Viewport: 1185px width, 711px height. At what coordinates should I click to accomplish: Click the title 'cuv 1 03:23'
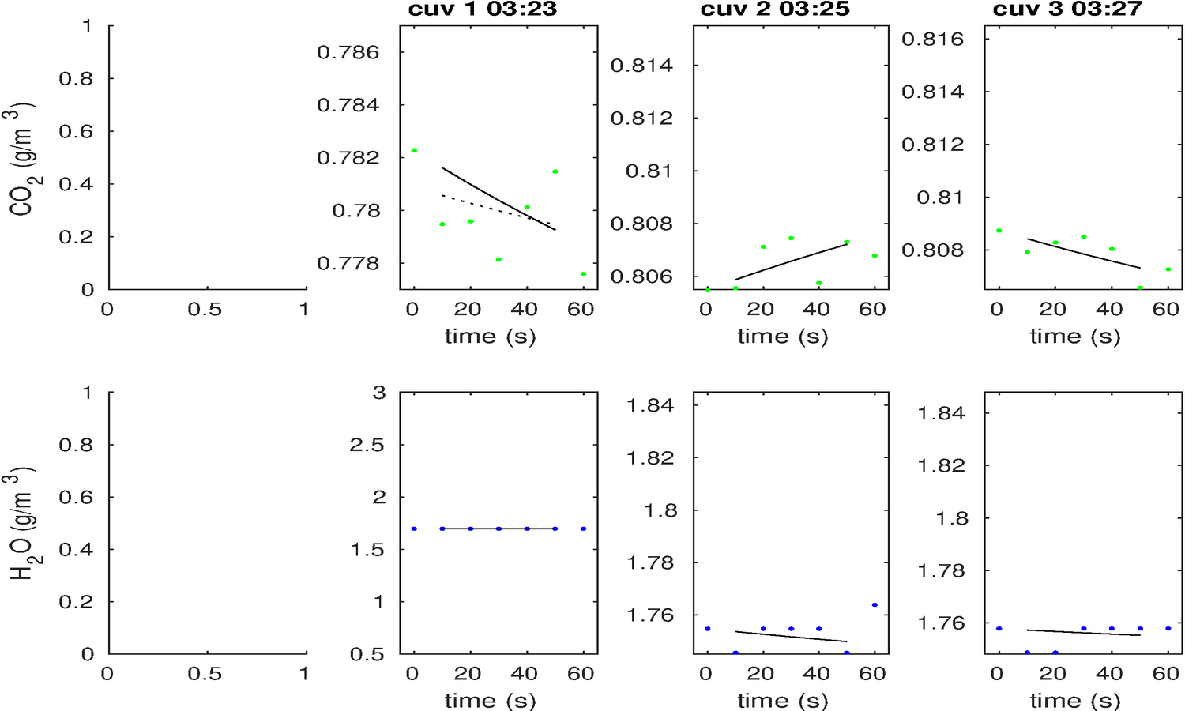(x=482, y=9)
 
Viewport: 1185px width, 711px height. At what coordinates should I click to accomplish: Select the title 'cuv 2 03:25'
(x=775, y=9)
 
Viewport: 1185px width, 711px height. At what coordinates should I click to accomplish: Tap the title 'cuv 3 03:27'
(x=1066, y=9)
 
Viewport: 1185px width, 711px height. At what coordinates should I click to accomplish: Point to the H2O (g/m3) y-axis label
(x=22, y=525)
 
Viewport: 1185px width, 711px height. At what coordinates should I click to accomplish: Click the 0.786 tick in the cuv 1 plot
(x=348, y=53)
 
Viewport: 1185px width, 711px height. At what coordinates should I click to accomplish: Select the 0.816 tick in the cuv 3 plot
(x=933, y=39)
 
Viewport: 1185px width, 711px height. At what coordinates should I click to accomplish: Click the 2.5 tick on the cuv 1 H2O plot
(x=367, y=445)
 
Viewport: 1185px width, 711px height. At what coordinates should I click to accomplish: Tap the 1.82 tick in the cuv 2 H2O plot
(x=651, y=457)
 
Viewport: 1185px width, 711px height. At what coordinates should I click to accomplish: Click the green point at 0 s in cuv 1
(x=414, y=150)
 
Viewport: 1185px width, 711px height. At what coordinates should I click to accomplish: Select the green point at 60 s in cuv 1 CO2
(x=583, y=274)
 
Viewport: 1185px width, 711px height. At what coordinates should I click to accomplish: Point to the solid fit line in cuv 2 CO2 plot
(x=790, y=261)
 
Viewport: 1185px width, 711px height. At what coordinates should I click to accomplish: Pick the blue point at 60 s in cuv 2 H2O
(x=875, y=605)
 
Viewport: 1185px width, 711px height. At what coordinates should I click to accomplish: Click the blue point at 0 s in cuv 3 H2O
(x=999, y=629)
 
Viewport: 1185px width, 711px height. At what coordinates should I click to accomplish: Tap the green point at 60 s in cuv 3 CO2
(x=1168, y=269)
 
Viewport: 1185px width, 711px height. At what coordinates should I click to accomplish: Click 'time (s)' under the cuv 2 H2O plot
(x=783, y=700)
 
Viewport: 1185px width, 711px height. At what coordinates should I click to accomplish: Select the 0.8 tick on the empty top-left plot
(x=75, y=79)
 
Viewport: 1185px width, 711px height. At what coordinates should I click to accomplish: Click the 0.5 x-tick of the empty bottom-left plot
(x=205, y=674)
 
